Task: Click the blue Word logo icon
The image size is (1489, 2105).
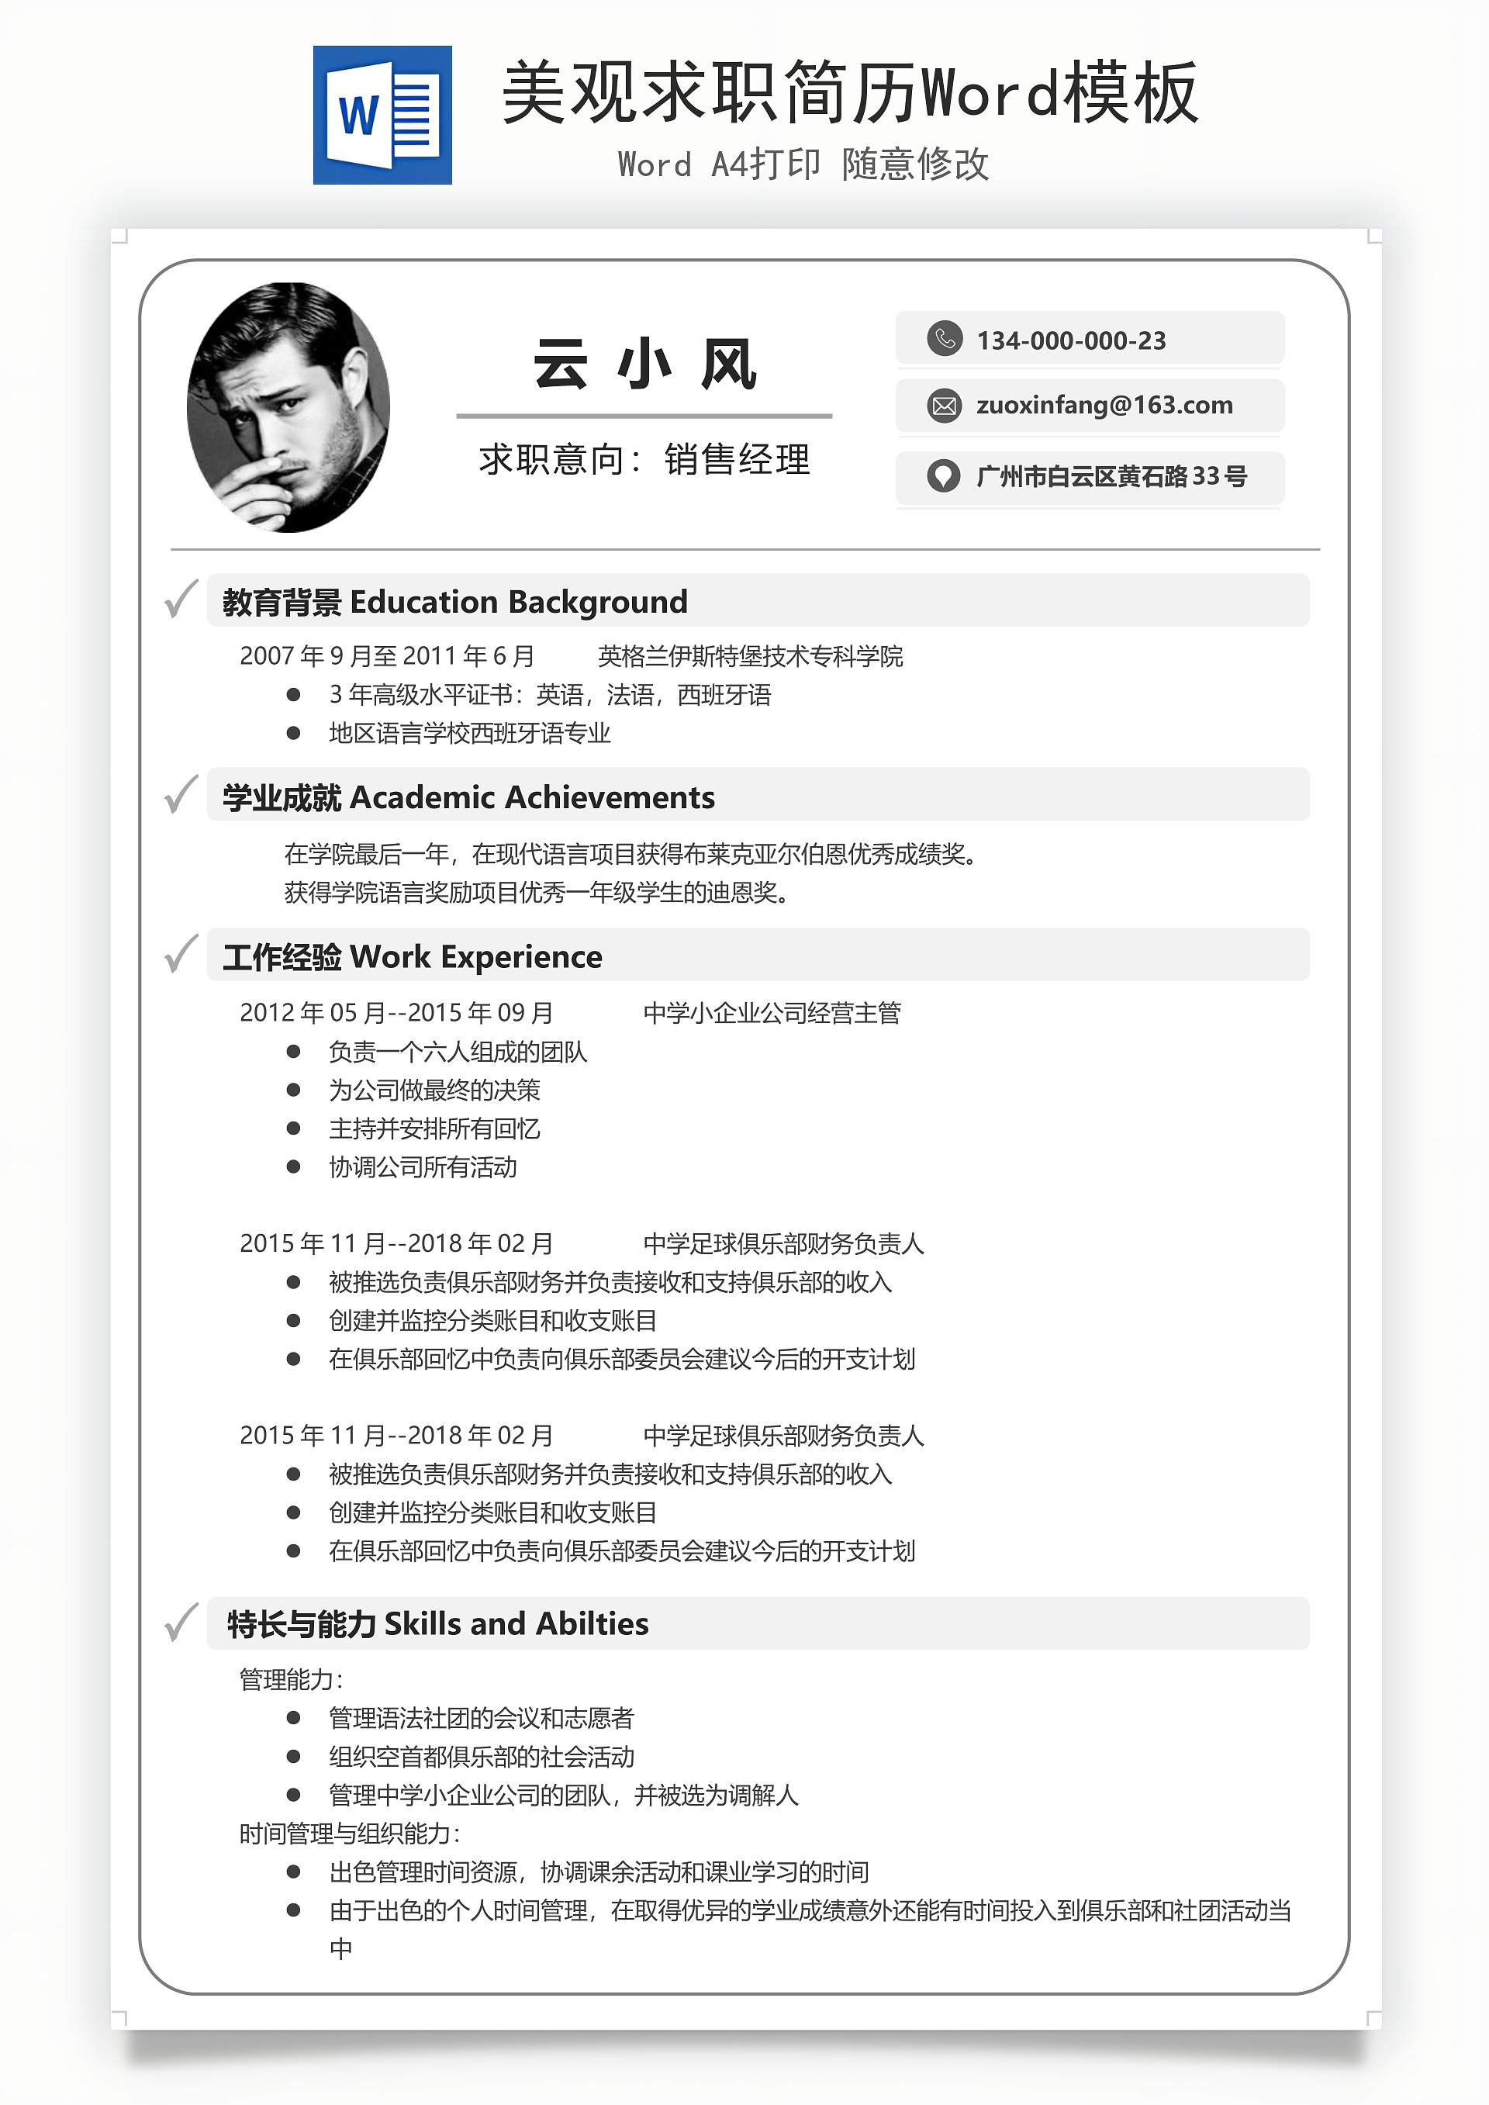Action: pos(382,116)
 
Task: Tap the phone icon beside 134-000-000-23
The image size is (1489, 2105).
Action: pos(945,338)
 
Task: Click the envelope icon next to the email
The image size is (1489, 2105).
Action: pos(945,405)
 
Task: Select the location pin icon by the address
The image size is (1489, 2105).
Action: pos(944,475)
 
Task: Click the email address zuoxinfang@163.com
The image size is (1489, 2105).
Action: pos(1104,405)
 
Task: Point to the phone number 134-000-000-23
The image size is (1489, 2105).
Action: pos(1071,341)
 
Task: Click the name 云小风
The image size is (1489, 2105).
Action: pos(644,364)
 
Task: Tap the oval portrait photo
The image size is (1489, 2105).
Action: pos(288,407)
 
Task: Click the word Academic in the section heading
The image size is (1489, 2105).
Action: pos(423,797)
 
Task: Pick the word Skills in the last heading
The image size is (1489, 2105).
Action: pos(422,1623)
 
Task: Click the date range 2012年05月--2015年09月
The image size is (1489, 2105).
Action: pos(396,1013)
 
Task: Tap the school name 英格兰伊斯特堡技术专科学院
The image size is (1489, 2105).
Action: pos(750,656)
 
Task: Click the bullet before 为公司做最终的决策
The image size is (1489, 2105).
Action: pos(293,1090)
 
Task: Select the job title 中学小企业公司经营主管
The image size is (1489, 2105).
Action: pos(772,1013)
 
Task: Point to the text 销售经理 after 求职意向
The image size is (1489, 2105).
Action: pos(738,459)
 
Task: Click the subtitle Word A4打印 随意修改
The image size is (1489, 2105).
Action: pos(803,165)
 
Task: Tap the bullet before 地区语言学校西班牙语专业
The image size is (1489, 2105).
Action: pos(293,734)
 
